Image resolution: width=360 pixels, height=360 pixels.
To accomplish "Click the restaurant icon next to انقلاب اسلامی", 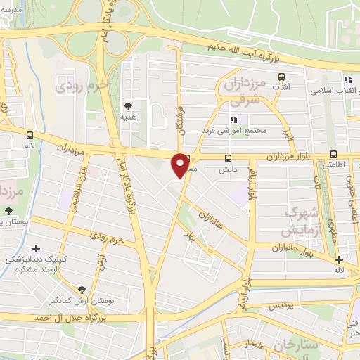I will click(x=347, y=79).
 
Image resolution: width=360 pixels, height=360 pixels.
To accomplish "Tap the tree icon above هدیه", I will click(x=128, y=107).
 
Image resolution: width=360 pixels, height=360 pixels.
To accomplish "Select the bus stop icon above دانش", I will click(x=227, y=159).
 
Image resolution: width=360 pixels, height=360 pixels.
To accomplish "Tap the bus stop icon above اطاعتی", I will click(x=333, y=155).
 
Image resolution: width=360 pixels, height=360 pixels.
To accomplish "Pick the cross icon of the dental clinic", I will click(x=36, y=248).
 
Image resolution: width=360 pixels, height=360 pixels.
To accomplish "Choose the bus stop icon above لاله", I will click(x=30, y=134).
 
